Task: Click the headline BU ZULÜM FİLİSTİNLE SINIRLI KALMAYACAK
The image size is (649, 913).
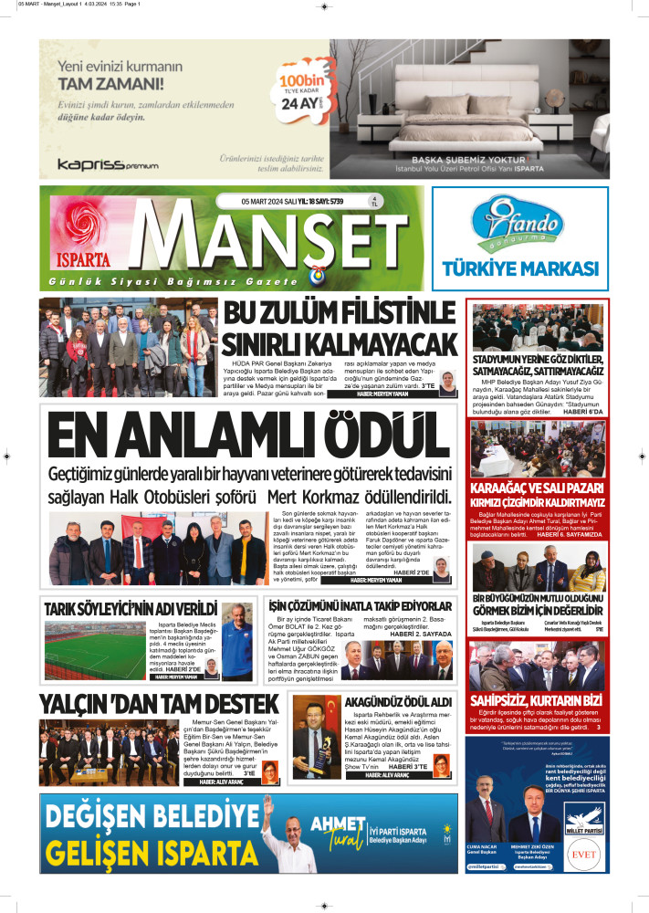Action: coord(340,330)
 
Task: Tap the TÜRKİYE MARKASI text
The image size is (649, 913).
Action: coord(519,268)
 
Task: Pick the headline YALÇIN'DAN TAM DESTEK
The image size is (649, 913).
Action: coord(158,703)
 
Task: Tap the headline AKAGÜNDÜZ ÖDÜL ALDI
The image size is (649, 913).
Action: coord(398,700)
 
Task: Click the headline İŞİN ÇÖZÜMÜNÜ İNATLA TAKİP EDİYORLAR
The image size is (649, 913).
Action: coord(361,606)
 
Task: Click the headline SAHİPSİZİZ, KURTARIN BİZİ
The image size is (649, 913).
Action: coord(536,700)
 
